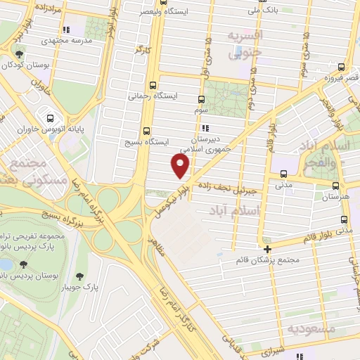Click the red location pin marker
coord(181,166)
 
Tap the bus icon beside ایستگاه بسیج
coord(146,131)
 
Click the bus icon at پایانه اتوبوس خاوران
coord(50,117)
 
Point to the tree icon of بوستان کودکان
coord(20,53)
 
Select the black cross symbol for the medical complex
coord(267,248)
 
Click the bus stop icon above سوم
coord(202,98)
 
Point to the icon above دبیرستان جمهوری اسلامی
coord(205,129)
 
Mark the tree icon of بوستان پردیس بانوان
coord(25,264)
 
